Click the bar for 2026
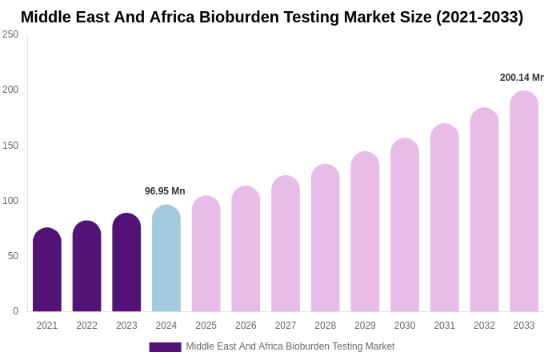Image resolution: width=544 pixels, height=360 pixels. [246, 249]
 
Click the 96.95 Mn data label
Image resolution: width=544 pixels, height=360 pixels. [165, 191]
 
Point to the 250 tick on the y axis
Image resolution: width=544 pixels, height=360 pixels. [10, 34]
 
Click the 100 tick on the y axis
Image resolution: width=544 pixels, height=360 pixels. [10, 201]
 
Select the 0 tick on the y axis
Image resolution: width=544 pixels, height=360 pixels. [15, 311]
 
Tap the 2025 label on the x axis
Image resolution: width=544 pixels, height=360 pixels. [206, 326]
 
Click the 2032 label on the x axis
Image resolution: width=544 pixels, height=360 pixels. [484, 326]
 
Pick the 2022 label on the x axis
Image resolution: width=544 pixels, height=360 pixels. [86, 326]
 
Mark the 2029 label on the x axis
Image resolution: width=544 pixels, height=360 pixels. [365, 326]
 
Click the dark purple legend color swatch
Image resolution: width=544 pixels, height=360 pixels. [165, 347]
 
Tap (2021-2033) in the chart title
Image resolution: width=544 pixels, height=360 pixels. [479, 17]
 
